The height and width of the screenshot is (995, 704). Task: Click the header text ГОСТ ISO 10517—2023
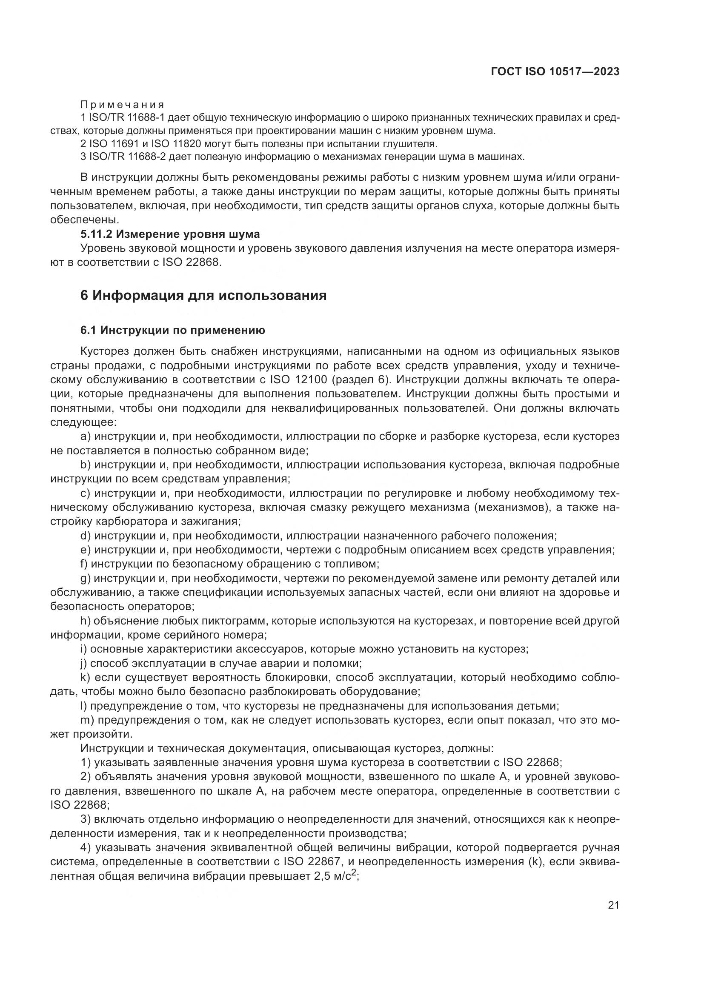555,71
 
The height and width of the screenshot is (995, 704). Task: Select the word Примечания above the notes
123,105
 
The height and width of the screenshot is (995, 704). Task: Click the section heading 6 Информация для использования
203,296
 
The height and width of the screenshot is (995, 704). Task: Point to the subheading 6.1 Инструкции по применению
172,330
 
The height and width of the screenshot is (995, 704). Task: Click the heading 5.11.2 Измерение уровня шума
170,234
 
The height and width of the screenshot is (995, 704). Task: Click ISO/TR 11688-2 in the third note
127,157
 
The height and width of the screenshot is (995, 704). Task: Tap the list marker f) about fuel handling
84,564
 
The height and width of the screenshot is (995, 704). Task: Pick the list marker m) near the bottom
87,720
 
